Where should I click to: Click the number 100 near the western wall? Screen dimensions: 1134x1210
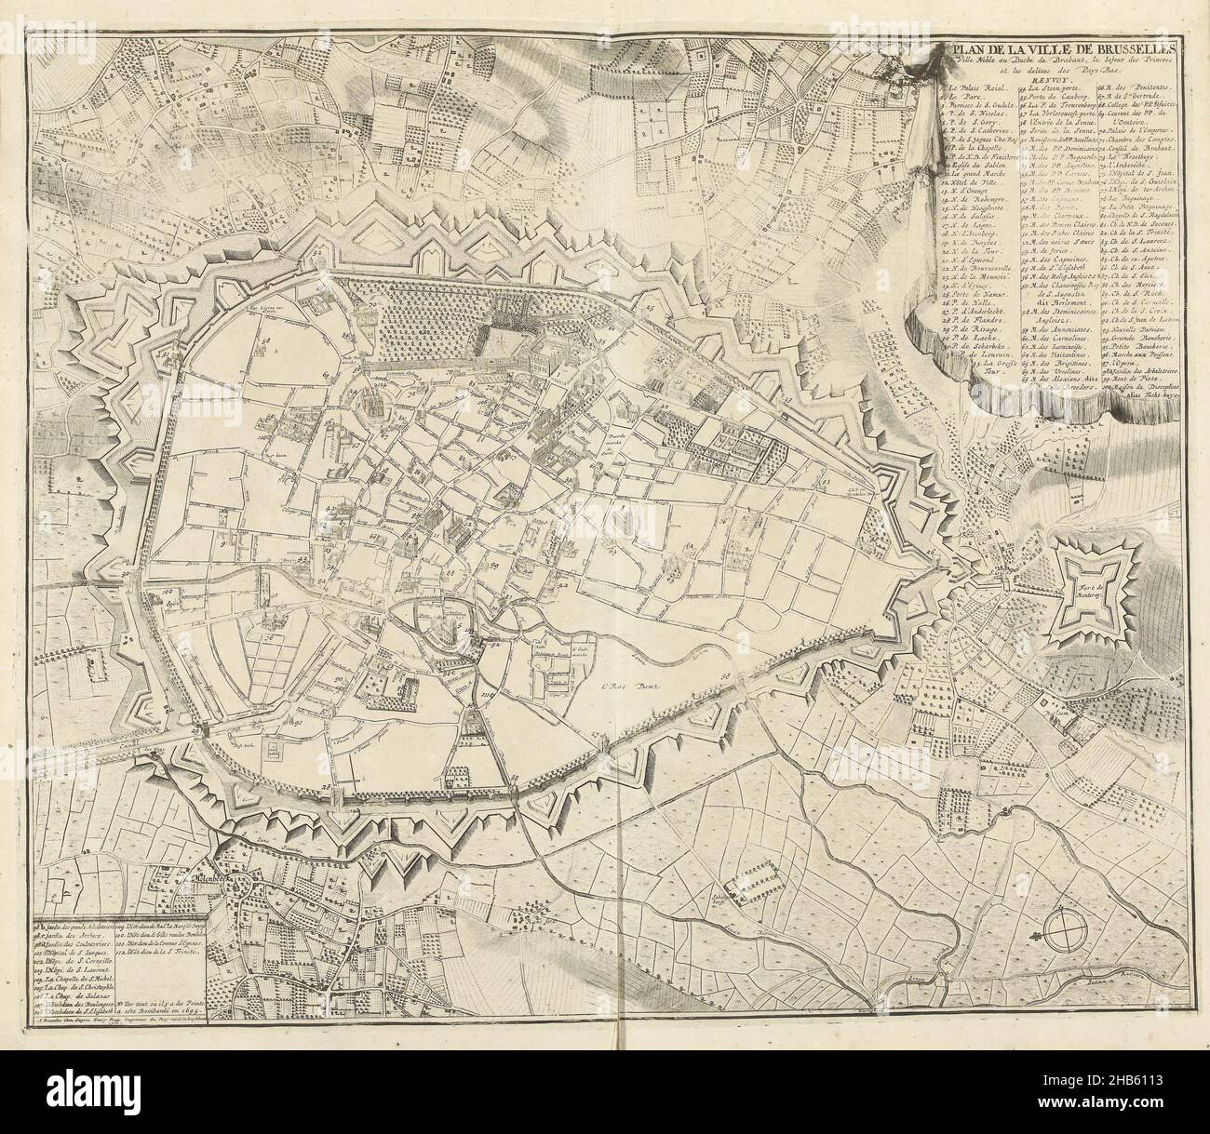168,590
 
